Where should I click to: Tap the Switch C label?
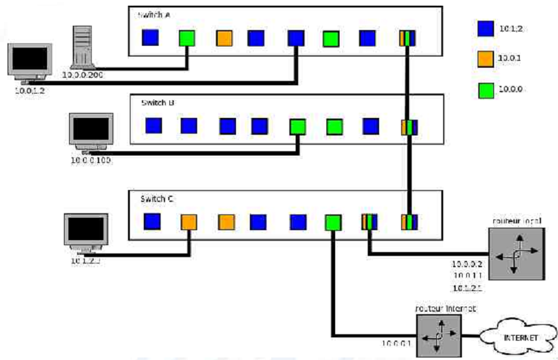154,198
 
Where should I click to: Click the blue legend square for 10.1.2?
485,28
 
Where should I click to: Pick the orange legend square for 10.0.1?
485,59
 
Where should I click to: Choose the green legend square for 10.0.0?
485,89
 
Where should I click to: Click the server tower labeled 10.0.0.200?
83,47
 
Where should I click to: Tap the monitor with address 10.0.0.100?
92,132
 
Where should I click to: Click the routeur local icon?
515,255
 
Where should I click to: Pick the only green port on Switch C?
333,221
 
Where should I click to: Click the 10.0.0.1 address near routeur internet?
395,343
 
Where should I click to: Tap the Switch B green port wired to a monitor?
298,127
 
